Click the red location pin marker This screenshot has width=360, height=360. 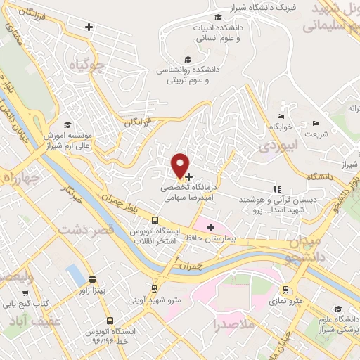[x=181, y=165]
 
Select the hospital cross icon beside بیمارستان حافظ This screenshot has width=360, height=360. [x=210, y=226]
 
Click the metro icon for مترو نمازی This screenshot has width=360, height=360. [x=285, y=289]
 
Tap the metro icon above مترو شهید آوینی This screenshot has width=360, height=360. [x=155, y=289]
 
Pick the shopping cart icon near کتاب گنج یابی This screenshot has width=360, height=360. [x=26, y=293]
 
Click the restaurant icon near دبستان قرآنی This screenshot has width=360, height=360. [x=276, y=189]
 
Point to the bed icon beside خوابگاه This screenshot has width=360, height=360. [x=281, y=117]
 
